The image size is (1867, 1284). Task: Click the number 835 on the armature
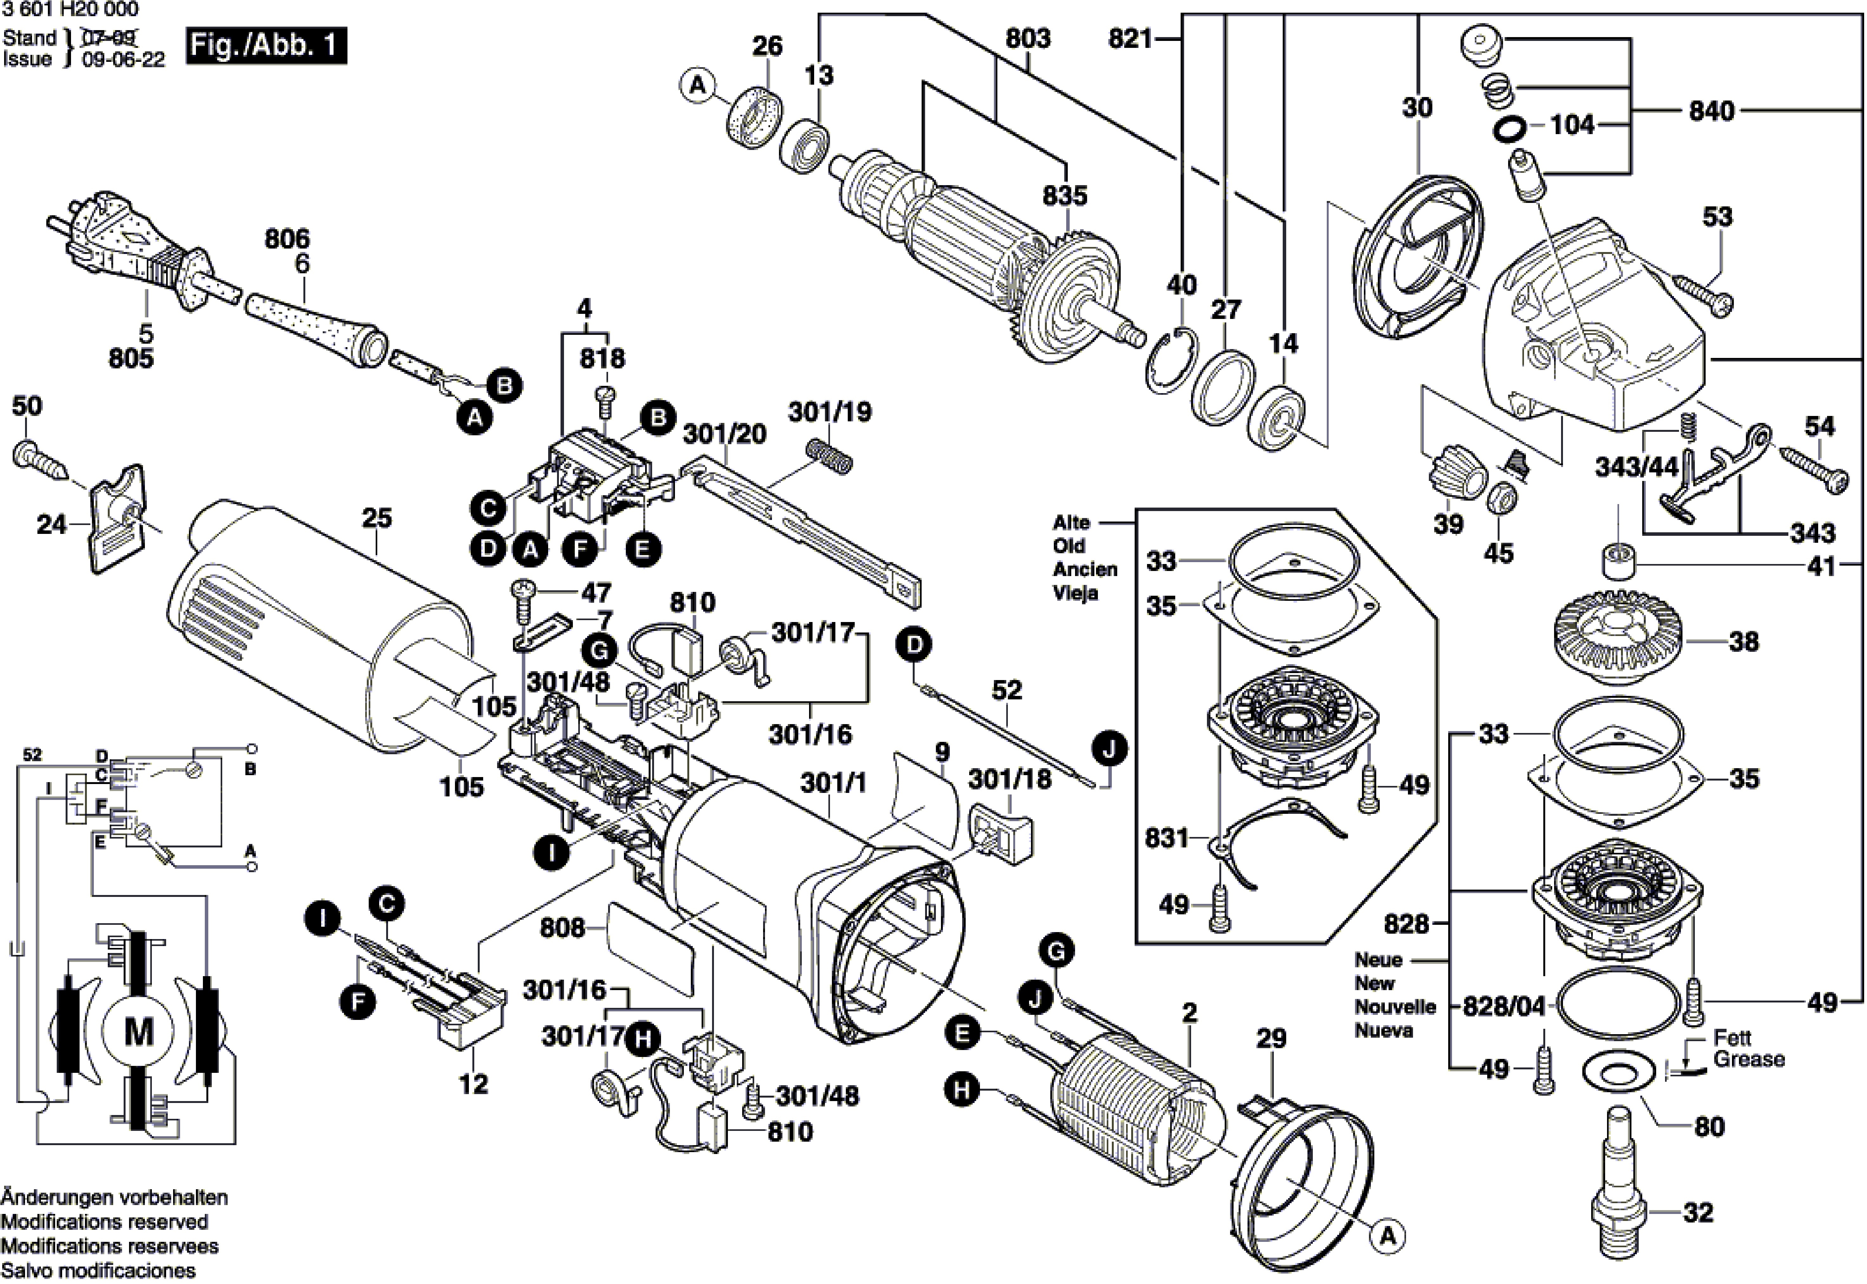pos(1064,196)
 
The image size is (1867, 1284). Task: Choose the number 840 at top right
pos(1711,111)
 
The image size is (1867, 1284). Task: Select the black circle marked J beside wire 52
pos(1109,750)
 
